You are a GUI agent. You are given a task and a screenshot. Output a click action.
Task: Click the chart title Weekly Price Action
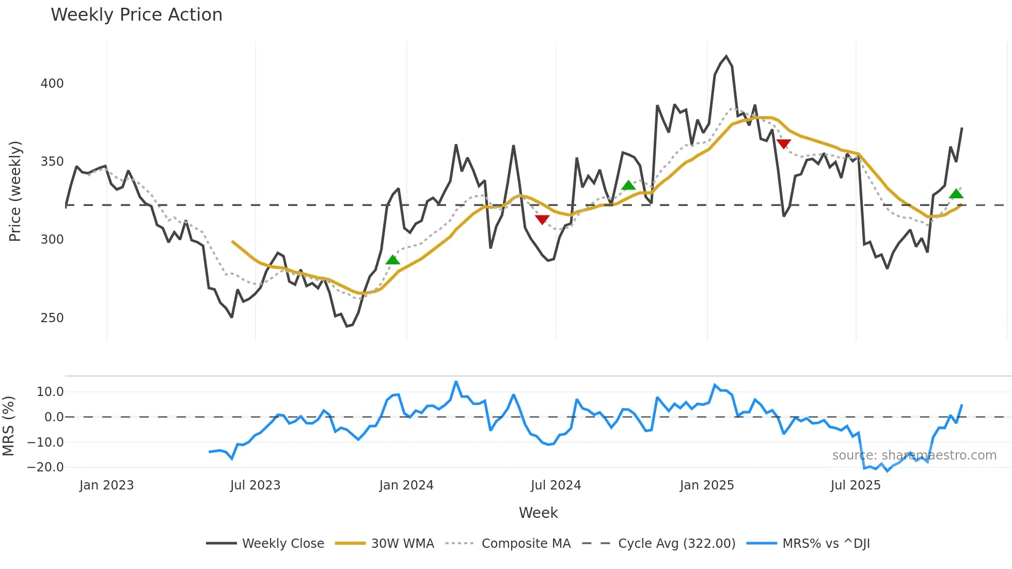136,15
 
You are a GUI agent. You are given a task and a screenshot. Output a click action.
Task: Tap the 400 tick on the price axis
52,84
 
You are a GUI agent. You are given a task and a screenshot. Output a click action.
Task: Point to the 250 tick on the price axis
52,318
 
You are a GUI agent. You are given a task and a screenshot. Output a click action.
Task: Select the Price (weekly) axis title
15,191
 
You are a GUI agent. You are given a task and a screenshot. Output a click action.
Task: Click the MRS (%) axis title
8,426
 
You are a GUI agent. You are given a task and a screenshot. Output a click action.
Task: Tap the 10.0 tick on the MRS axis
50,392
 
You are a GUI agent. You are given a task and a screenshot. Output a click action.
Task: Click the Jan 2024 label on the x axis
406,485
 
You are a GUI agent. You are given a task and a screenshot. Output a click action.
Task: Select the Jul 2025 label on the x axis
856,485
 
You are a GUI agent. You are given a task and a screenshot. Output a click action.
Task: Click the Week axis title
538,513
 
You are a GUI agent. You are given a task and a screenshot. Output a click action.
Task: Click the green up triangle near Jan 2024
393,260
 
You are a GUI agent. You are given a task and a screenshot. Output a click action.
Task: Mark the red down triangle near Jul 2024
542,219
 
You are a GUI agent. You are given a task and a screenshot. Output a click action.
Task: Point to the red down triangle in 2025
783,144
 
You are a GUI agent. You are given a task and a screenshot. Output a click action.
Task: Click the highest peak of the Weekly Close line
726,56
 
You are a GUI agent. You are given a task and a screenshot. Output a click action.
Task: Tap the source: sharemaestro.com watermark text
914,455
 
